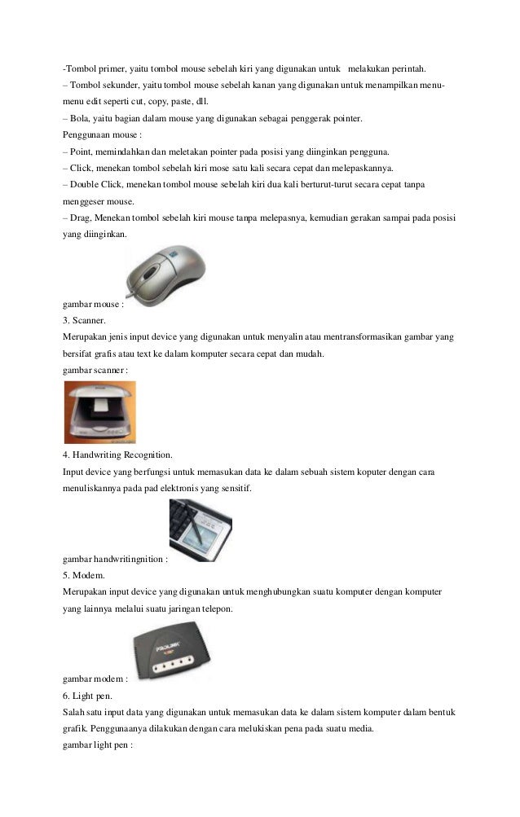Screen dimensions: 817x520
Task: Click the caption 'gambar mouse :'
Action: point(93,305)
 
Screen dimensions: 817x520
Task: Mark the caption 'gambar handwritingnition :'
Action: point(115,560)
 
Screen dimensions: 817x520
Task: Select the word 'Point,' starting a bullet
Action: point(83,152)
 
